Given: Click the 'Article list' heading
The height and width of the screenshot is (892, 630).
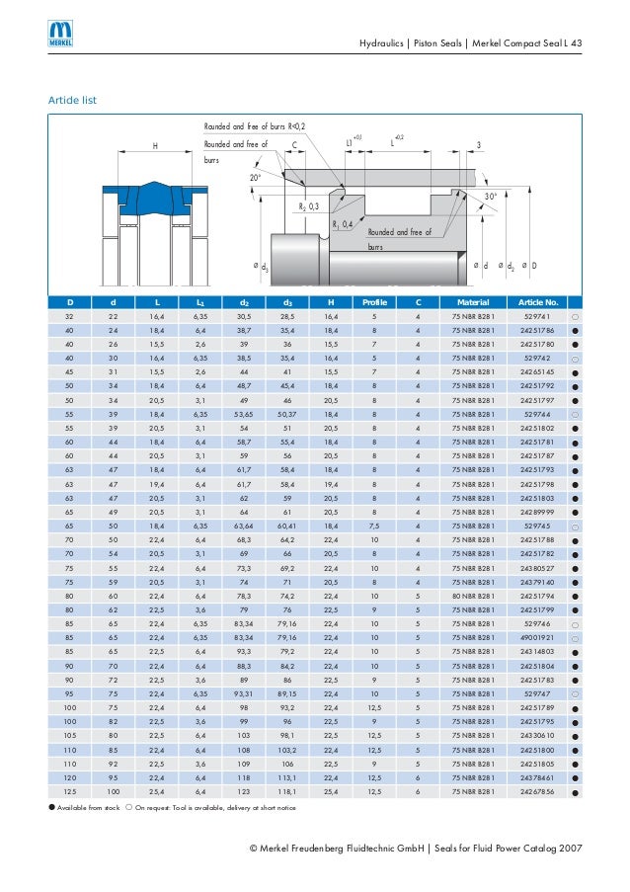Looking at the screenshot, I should click(x=72, y=101).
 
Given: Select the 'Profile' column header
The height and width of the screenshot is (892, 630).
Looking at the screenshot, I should click(x=374, y=301).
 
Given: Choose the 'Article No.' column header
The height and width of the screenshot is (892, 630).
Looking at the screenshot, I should click(x=539, y=301).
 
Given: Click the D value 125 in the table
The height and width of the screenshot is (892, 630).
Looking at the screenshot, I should click(x=70, y=792).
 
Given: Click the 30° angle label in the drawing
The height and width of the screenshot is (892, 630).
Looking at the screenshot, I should click(x=490, y=198).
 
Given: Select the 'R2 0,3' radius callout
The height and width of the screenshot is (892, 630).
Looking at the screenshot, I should click(x=308, y=206).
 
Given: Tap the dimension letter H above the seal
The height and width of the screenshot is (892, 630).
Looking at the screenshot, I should click(x=155, y=145).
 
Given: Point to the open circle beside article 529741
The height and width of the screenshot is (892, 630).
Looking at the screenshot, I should click(x=575, y=315).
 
